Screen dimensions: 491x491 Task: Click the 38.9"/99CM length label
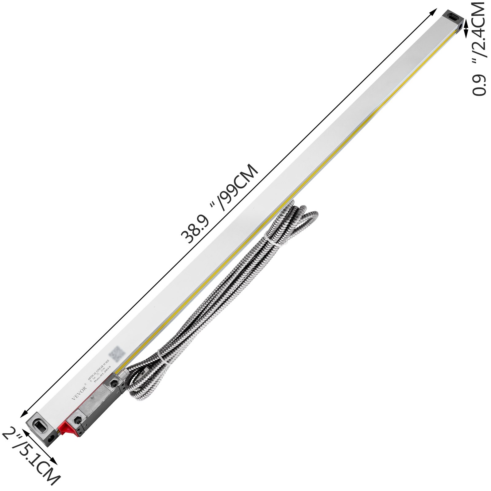tap(219, 204)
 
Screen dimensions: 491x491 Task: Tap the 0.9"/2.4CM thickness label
tap(479, 49)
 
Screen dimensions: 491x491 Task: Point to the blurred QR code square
tap(118, 354)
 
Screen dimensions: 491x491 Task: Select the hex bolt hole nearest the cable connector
tap(114, 383)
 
